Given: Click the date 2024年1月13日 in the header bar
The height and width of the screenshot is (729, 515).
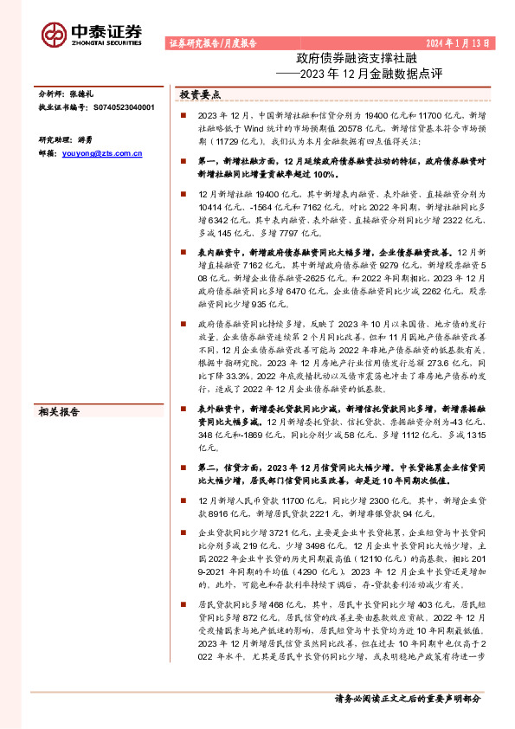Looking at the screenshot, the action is pos(461,42).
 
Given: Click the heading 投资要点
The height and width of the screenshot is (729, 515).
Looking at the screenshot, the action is pos(200,94).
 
